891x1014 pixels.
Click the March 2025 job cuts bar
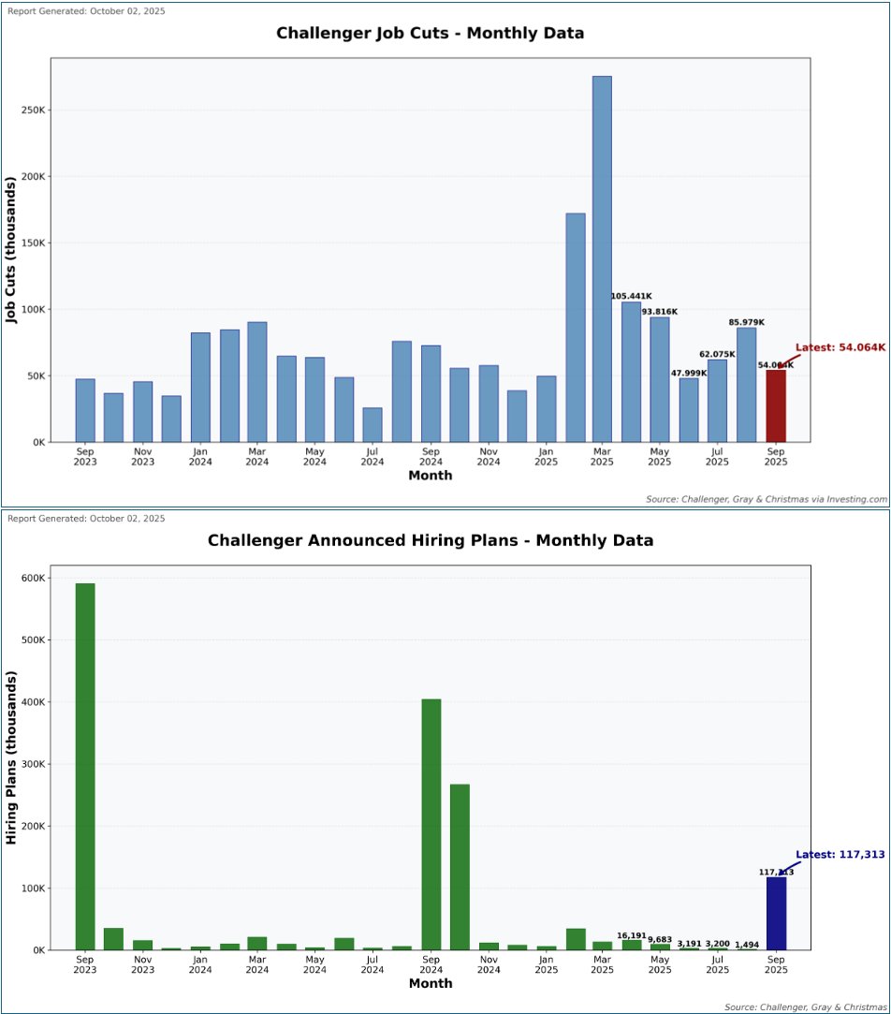point(602,258)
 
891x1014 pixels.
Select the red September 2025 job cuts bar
point(775,405)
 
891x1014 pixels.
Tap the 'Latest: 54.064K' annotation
point(840,347)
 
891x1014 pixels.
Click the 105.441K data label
point(632,296)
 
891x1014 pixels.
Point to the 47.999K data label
point(689,373)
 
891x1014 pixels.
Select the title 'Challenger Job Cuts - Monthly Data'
point(430,33)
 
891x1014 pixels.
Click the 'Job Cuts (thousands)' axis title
point(12,250)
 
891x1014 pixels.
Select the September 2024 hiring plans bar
point(431,824)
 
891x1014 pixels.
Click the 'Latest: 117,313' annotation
point(840,854)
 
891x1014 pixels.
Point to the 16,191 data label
point(632,935)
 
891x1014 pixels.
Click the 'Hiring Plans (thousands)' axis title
point(12,757)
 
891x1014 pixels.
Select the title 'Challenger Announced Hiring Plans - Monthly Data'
point(430,540)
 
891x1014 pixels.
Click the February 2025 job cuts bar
point(575,328)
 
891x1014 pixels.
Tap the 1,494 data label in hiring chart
point(747,945)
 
